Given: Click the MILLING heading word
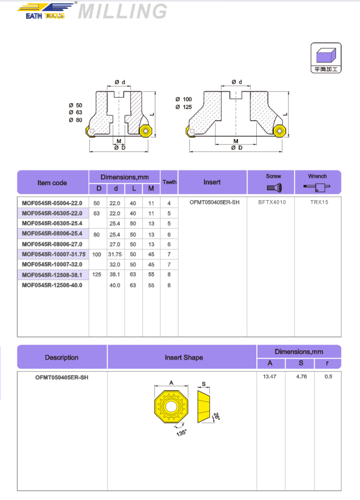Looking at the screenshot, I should pos(123,12).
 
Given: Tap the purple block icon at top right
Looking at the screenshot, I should pos(326,55).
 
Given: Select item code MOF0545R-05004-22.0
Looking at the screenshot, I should pos(52,203).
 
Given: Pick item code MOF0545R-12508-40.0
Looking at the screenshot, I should pos(52,285).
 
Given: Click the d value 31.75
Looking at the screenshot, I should pos(116,254).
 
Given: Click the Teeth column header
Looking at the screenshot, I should pos(169,182).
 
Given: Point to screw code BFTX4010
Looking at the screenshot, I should pos(272,202).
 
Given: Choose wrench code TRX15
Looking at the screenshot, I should pos(319,202).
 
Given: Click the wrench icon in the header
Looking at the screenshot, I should pos(317,187).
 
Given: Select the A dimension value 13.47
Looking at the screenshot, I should pos(270,377).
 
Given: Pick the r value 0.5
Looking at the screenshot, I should pos(328,377).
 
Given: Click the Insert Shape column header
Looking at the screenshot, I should pos(184,358).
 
